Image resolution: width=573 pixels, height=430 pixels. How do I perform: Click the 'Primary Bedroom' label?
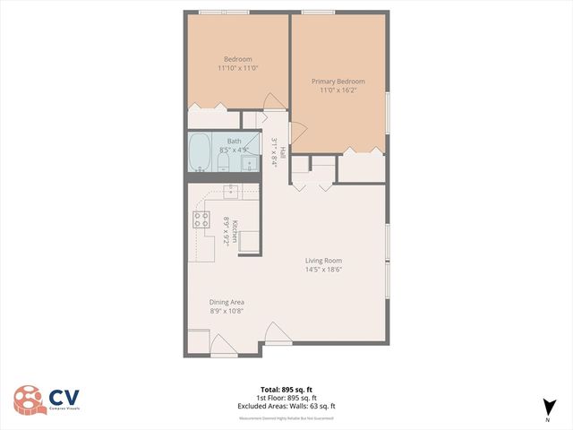pyautogui.click(x=338, y=82)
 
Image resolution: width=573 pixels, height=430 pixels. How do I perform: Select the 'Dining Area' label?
pyautogui.click(x=227, y=302)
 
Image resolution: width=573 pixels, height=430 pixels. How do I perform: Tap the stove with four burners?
pyautogui.click(x=201, y=220)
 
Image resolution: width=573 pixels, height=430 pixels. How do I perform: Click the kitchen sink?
pyautogui.click(x=231, y=190)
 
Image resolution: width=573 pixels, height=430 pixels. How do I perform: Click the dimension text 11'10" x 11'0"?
pyautogui.click(x=237, y=68)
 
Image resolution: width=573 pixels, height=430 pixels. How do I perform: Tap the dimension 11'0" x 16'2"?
pyautogui.click(x=338, y=91)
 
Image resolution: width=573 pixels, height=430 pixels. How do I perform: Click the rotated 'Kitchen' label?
pyautogui.click(x=235, y=231)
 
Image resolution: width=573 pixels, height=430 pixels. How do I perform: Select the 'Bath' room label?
pyautogui.click(x=234, y=141)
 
